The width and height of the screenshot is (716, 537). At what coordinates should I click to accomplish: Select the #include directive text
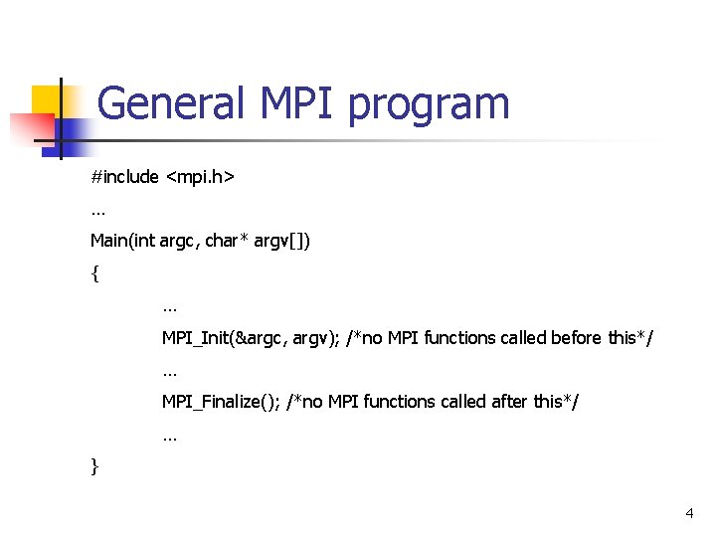(x=124, y=177)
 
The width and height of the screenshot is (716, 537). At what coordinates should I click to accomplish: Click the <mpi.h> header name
(x=200, y=177)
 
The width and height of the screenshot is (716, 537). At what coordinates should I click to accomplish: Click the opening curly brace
(x=94, y=273)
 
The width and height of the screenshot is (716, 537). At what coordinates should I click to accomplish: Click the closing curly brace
(x=94, y=464)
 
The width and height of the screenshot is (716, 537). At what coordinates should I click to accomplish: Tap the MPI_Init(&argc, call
(x=226, y=337)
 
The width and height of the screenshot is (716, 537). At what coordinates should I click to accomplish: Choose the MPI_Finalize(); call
(x=221, y=401)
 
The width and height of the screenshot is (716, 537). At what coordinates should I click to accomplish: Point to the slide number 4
(x=689, y=513)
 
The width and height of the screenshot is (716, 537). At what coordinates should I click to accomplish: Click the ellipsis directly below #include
(x=97, y=211)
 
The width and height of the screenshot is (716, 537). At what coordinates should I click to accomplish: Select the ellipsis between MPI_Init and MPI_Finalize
(x=169, y=371)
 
